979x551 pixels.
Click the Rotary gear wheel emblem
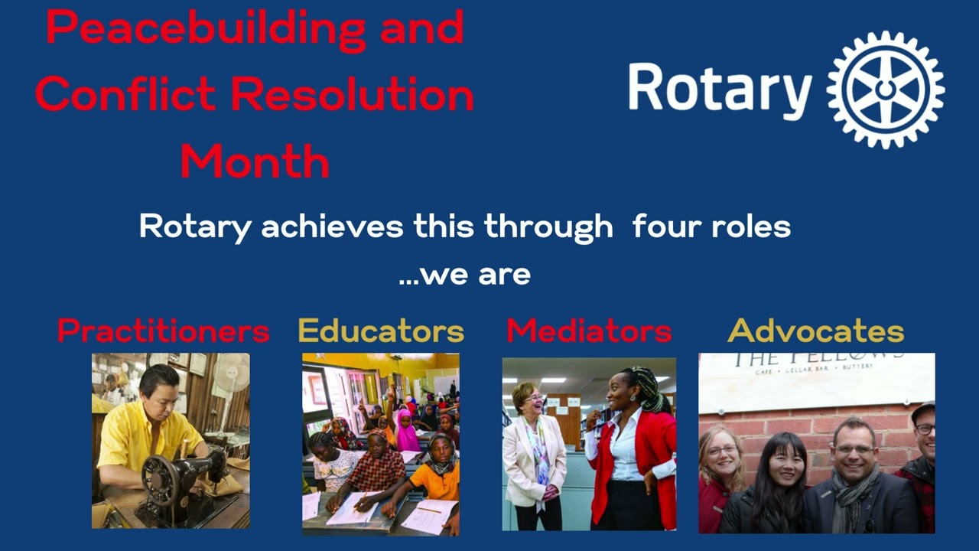(885, 90)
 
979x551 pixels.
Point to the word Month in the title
(255, 161)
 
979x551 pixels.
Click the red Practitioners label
(163, 331)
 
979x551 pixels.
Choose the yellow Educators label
(381, 331)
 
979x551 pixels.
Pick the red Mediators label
(589, 331)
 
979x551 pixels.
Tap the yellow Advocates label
(815, 331)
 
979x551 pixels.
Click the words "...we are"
(464, 275)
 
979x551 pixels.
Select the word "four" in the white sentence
(663, 227)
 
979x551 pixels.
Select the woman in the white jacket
(534, 452)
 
